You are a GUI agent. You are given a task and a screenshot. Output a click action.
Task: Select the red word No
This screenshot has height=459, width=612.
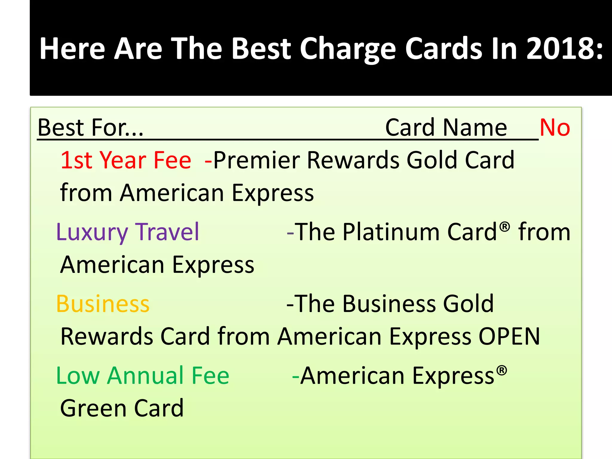coord(555,128)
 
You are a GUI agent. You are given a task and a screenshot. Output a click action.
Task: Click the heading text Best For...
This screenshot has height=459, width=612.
coord(91,128)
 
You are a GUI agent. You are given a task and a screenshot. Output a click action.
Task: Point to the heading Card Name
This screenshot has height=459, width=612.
coord(446,128)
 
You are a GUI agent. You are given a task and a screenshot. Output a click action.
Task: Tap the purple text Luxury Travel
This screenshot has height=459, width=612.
coord(128,232)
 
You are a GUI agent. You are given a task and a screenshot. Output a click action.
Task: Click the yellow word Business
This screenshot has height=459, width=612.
coord(103,304)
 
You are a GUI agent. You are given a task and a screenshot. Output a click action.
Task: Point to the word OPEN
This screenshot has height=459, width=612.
coord(509,336)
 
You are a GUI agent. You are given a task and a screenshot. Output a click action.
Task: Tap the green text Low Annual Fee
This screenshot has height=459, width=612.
coord(143,376)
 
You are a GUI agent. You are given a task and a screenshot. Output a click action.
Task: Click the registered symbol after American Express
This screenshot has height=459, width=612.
coord(502,370)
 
